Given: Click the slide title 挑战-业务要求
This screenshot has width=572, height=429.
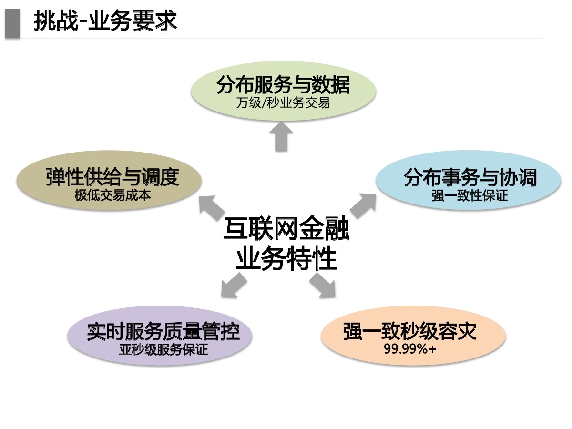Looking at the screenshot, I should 105,21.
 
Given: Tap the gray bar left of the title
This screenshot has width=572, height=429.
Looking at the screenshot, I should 12,22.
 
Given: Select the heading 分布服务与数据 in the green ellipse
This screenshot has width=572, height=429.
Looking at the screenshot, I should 283,86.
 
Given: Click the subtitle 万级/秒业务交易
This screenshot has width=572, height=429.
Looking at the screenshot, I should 283,102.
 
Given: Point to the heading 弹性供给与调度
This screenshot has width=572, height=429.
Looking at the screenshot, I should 112,177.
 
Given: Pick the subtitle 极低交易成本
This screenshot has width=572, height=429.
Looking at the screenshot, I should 112,195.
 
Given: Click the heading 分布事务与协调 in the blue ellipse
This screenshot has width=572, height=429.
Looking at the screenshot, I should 470,178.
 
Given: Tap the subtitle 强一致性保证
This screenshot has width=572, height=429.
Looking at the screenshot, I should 470,195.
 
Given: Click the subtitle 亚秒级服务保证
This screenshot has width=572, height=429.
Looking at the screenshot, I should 163,349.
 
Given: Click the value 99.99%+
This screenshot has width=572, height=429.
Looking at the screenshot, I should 410,349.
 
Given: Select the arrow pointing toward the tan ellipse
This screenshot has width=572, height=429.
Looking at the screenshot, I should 212,206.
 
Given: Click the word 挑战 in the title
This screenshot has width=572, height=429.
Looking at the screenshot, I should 54,21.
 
